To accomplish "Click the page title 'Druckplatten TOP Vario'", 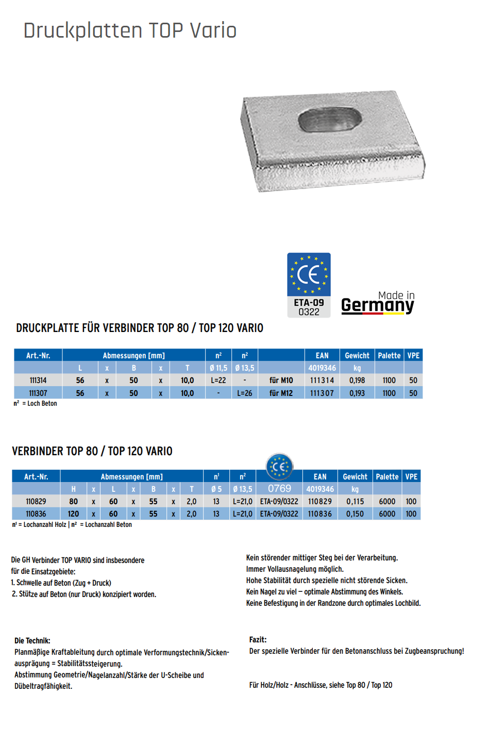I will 130,30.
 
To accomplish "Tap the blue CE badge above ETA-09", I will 309,274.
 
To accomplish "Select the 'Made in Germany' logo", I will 378,303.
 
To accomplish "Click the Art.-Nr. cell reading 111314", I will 38,380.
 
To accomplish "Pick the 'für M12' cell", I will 281,393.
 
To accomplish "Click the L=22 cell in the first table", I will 218,380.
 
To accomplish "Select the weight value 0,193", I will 357,393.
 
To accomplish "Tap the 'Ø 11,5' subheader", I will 218,368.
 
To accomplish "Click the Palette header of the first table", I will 389,356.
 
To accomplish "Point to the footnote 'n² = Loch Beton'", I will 35,404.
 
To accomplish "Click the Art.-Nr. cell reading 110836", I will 36,514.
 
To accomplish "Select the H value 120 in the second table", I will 74,514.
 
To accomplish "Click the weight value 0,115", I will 355,502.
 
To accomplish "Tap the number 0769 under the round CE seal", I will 279,489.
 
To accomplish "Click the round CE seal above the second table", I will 279,467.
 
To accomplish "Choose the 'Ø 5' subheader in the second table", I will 216,489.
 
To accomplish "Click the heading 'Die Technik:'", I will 32,641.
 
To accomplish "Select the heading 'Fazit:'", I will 258,640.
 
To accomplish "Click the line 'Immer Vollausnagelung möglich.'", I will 295,569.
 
